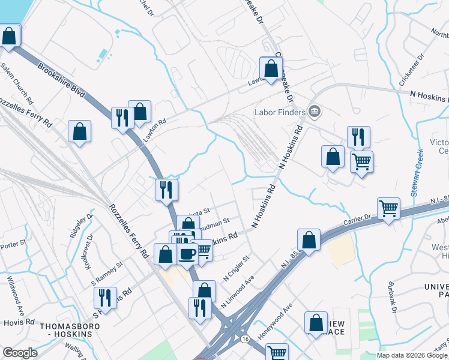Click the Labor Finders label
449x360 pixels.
pyautogui.click(x=280, y=112)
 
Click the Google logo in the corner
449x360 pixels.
pyautogui.click(x=20, y=353)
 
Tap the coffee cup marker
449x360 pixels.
pyautogui.click(x=187, y=253)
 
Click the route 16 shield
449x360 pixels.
pyautogui.click(x=245, y=339)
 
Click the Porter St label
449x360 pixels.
pyautogui.click(x=11, y=244)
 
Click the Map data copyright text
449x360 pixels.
pyautogui.click(x=412, y=355)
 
